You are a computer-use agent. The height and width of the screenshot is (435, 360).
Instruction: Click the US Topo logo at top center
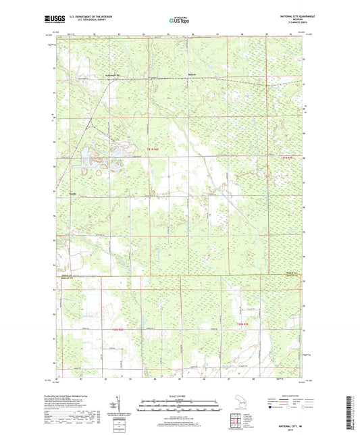point(178,21)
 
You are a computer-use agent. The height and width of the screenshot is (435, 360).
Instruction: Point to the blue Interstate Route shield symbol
point(270,408)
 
